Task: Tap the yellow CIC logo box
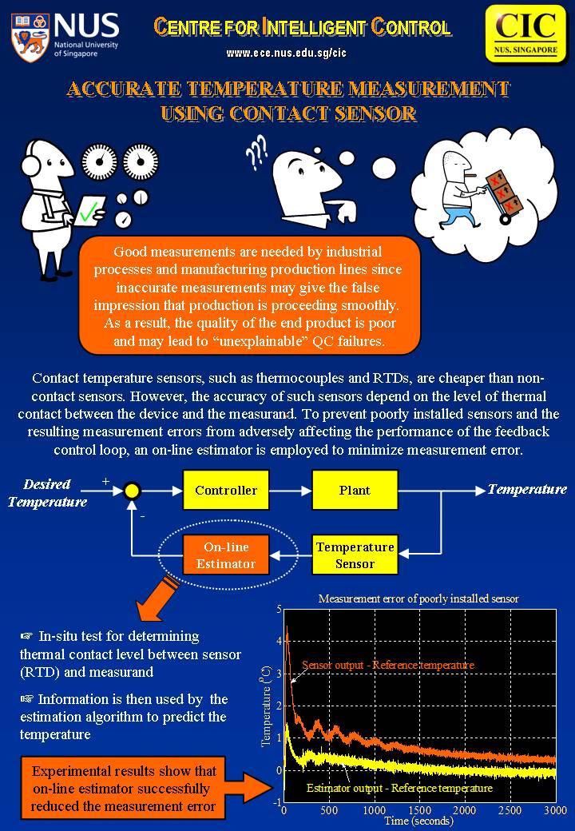pos(525,32)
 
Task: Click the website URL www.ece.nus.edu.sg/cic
pos(286,54)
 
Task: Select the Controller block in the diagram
pos(226,490)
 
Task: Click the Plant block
pos(354,490)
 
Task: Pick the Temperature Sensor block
pos(355,555)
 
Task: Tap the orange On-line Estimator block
pos(226,555)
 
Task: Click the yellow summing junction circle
pos(133,491)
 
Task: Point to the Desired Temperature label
pos(48,493)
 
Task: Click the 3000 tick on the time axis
pos(554,811)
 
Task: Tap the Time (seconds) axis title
pos(418,821)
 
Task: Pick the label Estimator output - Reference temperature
pos(399,788)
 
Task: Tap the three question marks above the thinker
pos(257,153)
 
